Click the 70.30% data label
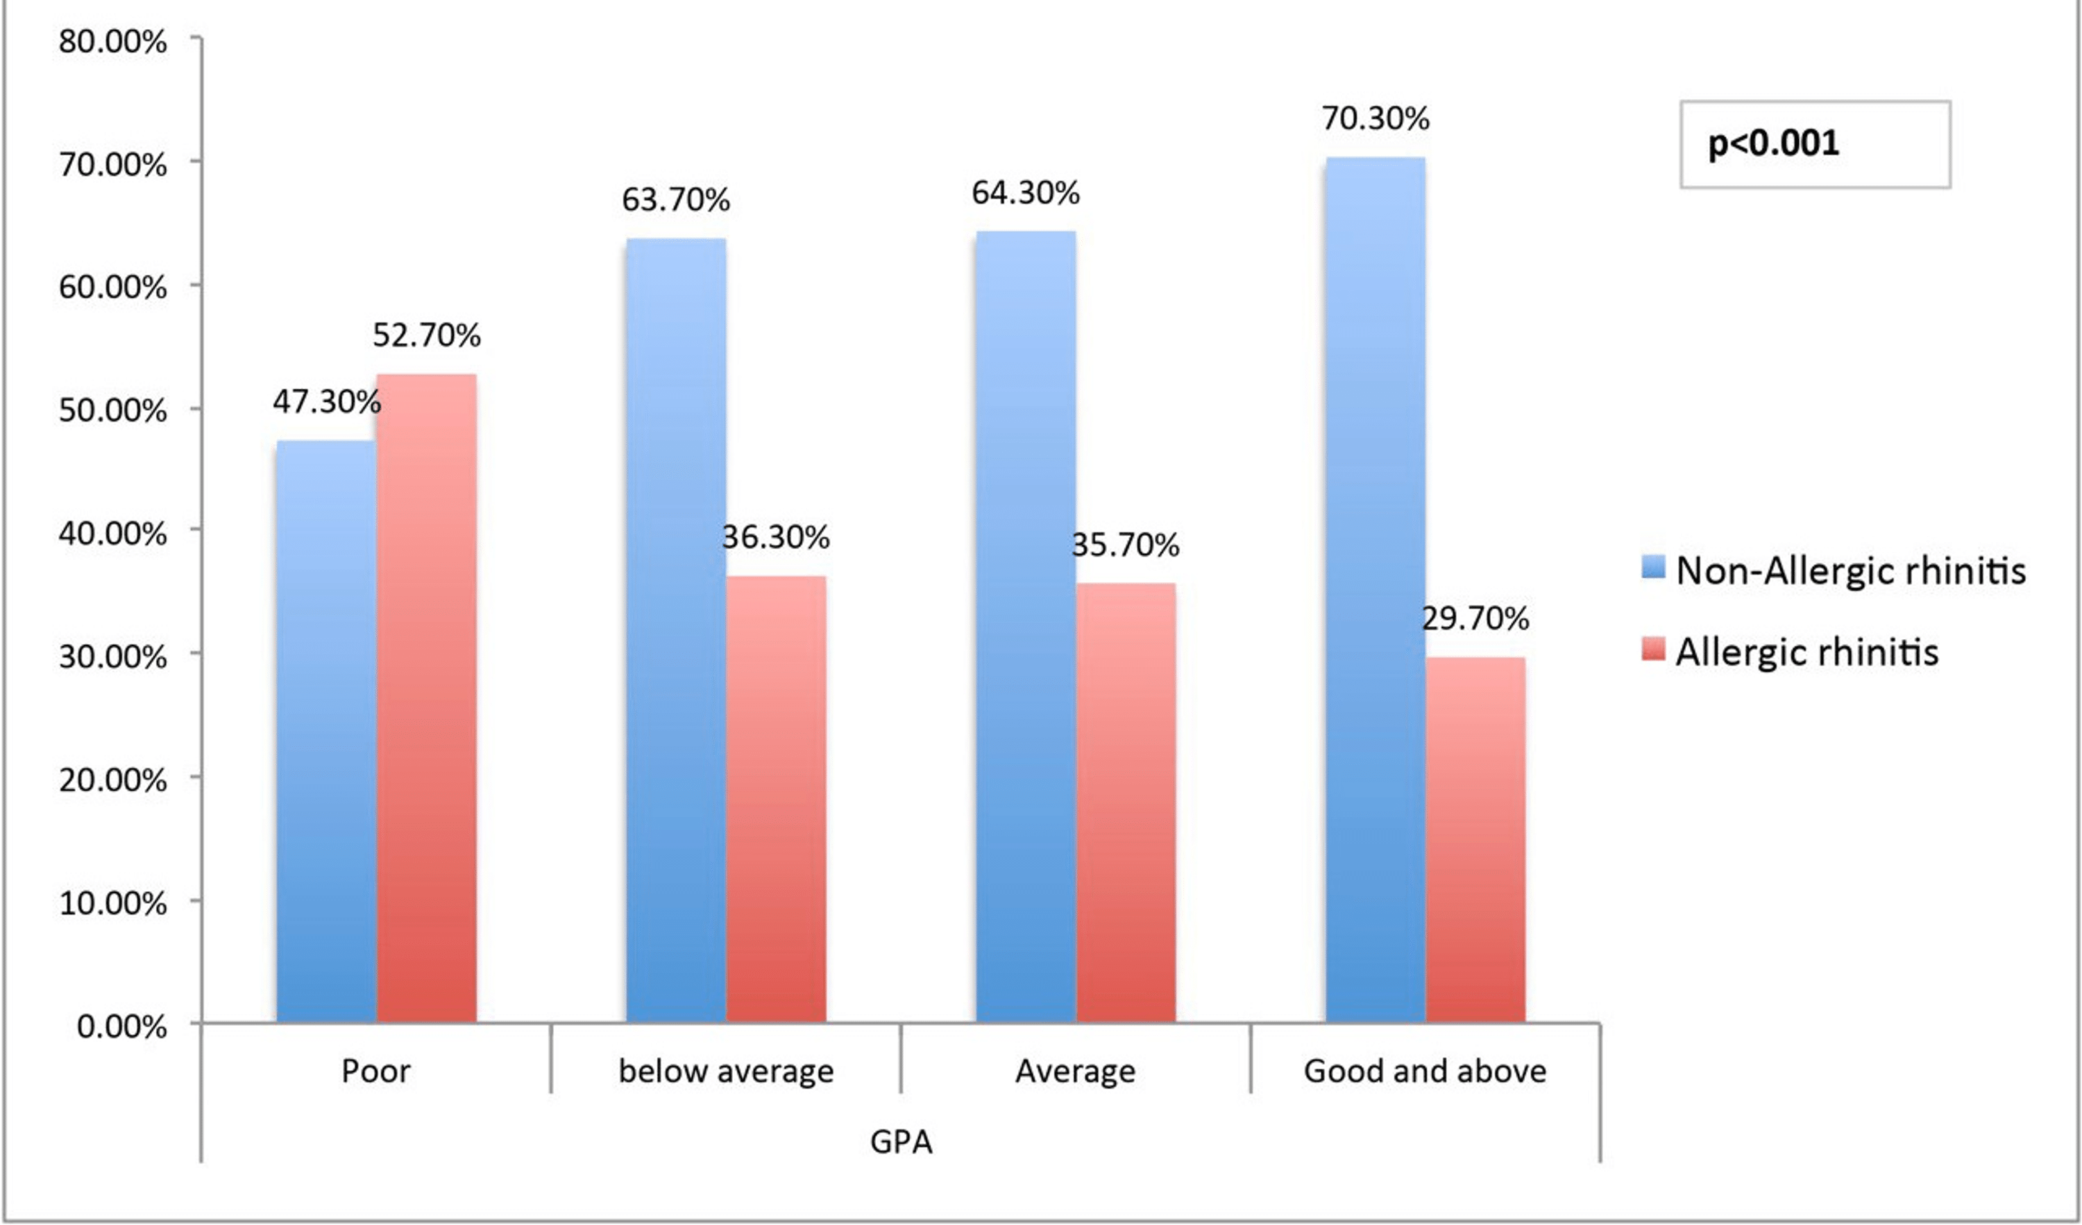coord(1375,119)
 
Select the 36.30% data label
coord(776,538)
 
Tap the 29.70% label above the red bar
coord(1475,618)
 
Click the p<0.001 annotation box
coord(1814,144)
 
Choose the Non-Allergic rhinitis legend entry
coord(1851,571)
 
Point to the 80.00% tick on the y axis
coord(112,42)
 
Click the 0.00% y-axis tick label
coord(121,1027)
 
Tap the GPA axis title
coord(901,1142)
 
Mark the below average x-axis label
coord(725,1072)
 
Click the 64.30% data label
coord(1025,193)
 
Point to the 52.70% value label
coord(426,335)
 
